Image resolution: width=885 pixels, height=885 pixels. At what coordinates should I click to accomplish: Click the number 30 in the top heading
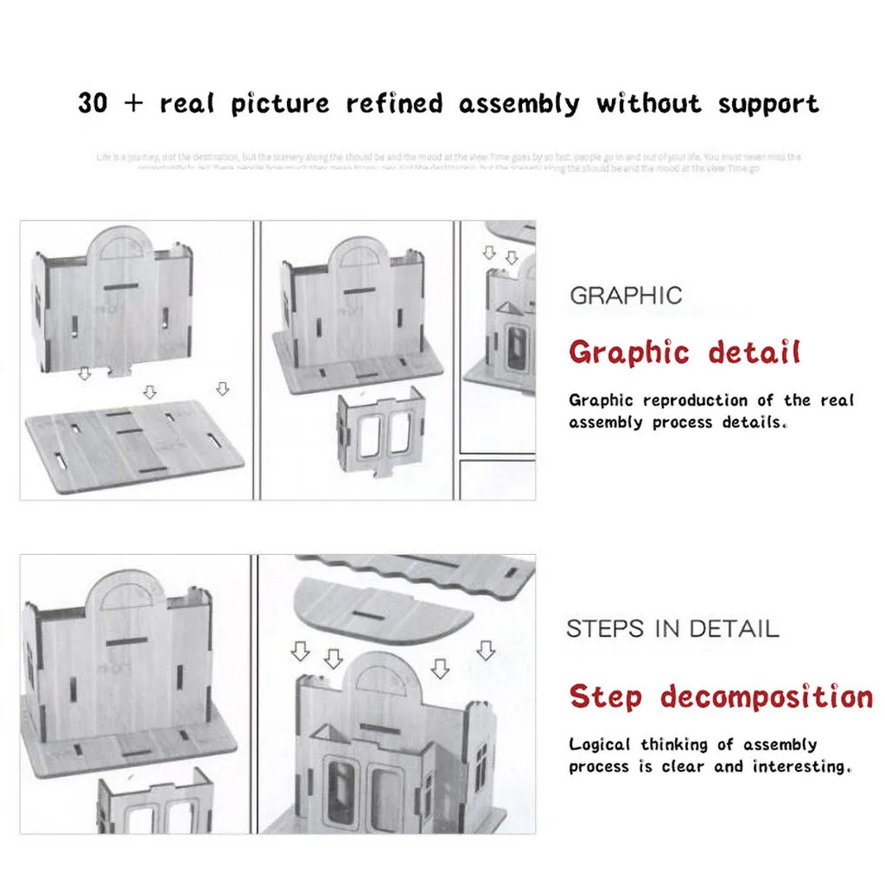(x=92, y=104)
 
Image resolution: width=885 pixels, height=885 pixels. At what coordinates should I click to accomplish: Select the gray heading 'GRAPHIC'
(x=626, y=296)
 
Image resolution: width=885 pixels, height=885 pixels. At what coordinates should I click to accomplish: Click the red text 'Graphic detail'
(x=684, y=353)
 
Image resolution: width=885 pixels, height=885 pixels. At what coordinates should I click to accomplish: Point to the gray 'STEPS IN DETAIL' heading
(x=672, y=628)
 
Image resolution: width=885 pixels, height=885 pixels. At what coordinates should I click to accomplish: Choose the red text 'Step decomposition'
(x=721, y=697)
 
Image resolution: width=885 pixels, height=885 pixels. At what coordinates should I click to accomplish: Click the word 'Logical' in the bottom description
(x=600, y=745)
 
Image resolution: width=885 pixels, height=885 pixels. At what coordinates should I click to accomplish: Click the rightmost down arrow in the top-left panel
(x=223, y=389)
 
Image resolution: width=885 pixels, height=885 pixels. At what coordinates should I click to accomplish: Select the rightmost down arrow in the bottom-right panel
(x=486, y=651)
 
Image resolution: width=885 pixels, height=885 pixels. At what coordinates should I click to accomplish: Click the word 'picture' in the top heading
(x=281, y=105)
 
